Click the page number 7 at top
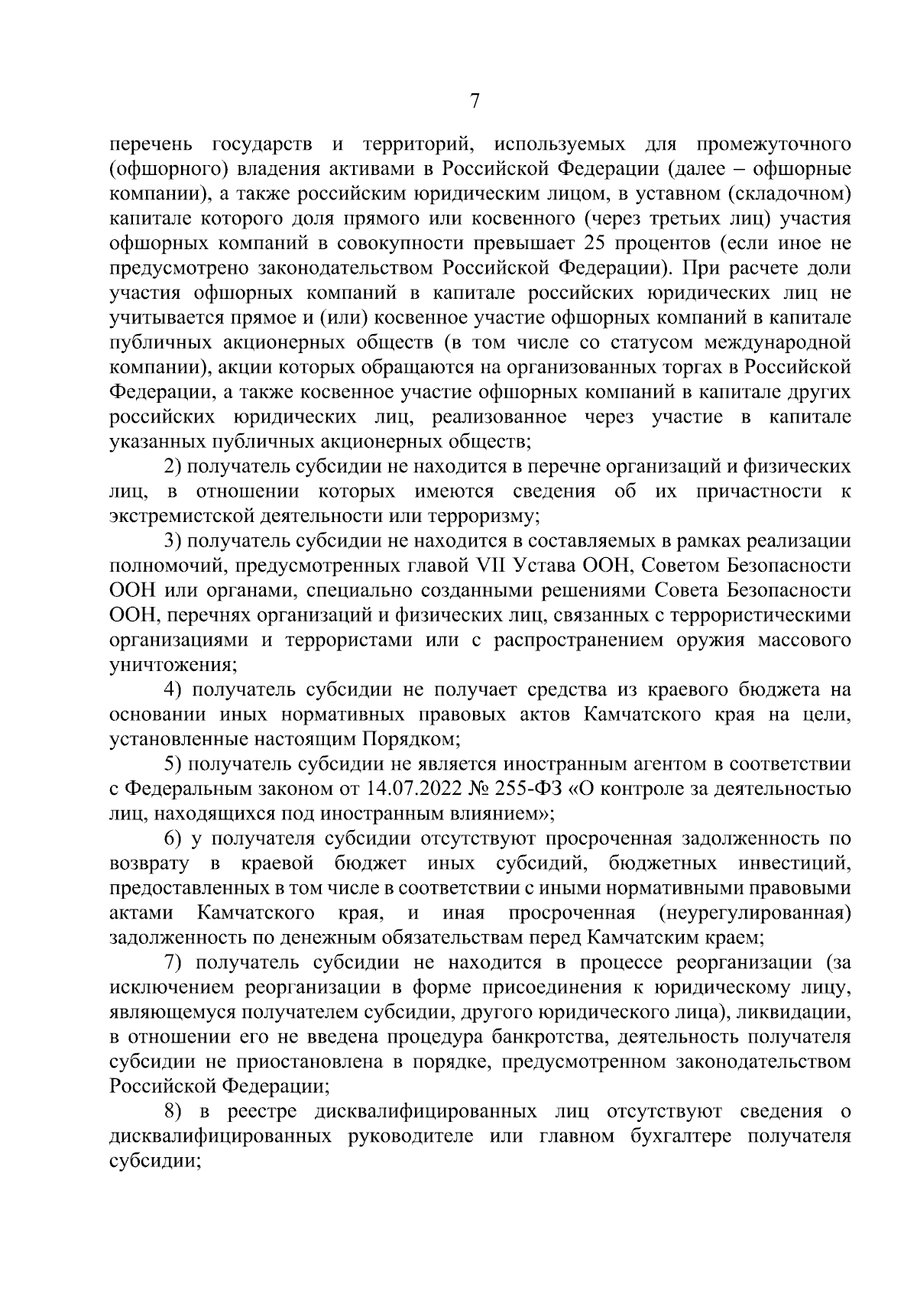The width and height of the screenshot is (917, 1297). (x=475, y=102)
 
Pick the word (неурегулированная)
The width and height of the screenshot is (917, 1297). (x=754, y=913)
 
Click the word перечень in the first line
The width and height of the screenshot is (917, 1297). (x=151, y=144)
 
